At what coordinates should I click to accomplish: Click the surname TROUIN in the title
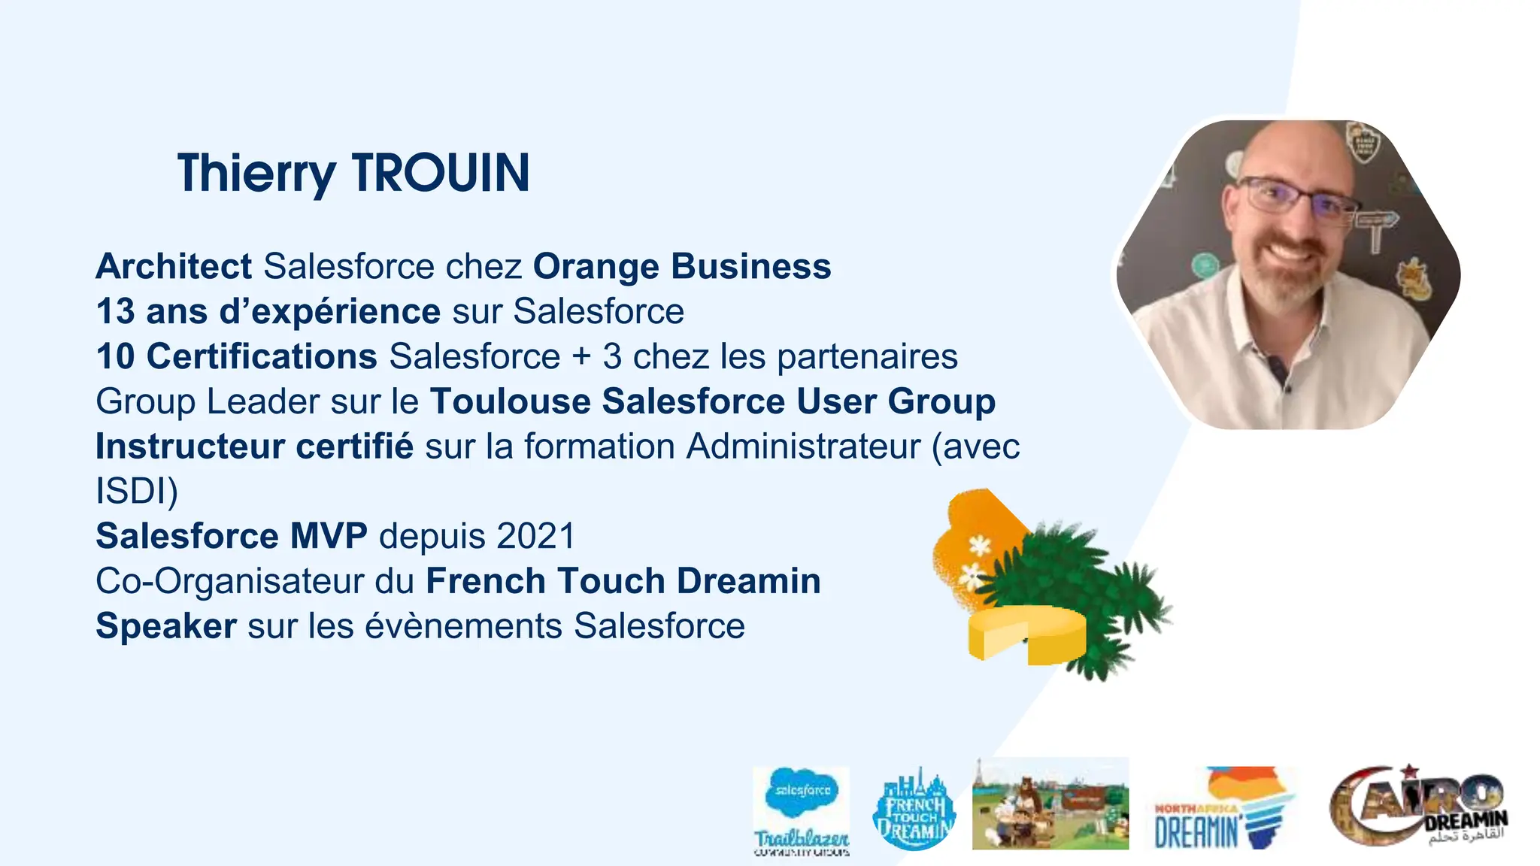(441, 174)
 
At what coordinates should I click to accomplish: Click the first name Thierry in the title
(256, 174)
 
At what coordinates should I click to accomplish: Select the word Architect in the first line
(174, 266)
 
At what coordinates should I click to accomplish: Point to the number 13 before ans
(115, 311)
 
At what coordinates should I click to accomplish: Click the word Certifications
(262, 356)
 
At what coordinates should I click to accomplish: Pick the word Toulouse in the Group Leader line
(511, 401)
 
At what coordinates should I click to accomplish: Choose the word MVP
(329, 536)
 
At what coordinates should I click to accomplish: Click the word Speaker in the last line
(166, 626)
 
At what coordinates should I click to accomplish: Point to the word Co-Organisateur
(229, 581)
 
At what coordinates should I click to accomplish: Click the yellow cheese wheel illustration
(1027, 634)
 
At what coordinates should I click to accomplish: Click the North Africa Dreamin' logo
(1224, 808)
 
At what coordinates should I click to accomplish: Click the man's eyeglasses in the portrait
(1298, 198)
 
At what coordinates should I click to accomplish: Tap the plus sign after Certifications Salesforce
(581, 356)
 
